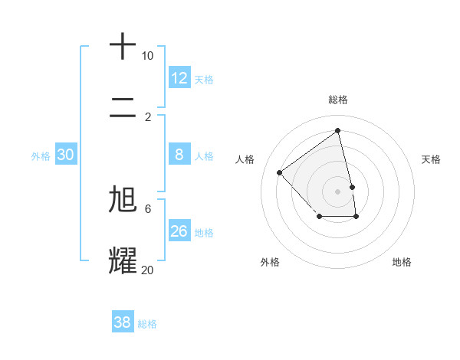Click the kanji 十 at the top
coord(123,46)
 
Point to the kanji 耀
coord(123,260)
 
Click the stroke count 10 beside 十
coord(147,56)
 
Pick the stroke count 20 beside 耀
coord(147,270)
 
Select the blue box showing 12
coord(179,78)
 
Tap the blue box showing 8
coord(179,155)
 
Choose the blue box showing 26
coord(179,231)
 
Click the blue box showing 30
coord(66,155)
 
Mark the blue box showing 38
coord(123,322)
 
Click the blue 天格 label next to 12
coord(204,80)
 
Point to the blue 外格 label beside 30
coord(41,156)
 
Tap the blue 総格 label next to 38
coord(147,324)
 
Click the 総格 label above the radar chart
coord(338,100)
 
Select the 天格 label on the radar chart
coord(432,159)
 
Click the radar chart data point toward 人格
coord(280,172)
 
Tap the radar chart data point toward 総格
coord(337,130)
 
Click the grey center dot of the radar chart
coord(338,190)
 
